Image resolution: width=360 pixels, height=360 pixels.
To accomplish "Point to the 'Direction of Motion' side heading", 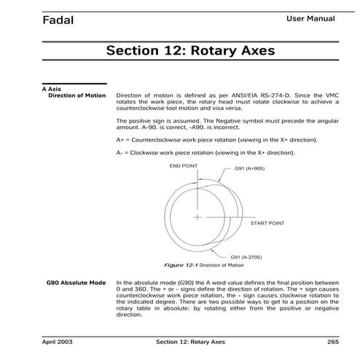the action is [77, 95].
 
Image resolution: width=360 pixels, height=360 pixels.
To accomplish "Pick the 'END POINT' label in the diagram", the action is [184, 166].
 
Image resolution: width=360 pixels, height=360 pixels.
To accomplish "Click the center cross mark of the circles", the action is [197, 217].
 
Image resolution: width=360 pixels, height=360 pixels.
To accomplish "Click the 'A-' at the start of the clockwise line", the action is [120, 153].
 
